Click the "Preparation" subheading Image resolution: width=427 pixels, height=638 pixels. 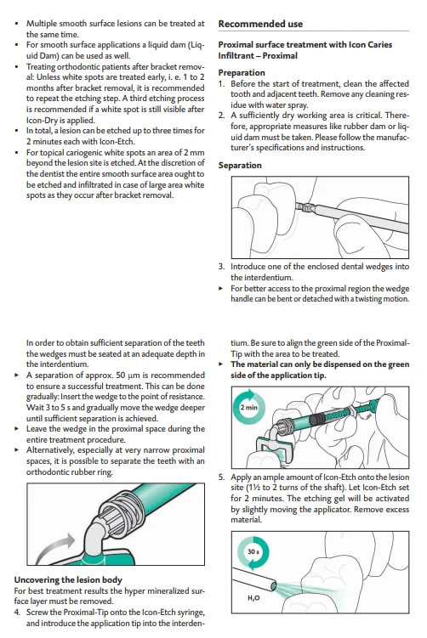(x=242, y=72)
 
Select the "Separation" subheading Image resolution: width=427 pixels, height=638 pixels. (x=240, y=165)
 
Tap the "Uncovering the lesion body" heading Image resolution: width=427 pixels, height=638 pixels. (x=67, y=579)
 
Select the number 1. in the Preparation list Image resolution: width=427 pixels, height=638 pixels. (x=222, y=83)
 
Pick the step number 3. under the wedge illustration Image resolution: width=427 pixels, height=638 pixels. (x=222, y=267)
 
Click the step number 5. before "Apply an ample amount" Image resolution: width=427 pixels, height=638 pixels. (x=222, y=477)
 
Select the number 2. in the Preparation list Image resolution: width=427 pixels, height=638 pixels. (x=222, y=115)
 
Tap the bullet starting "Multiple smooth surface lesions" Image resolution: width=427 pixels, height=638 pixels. (x=111, y=23)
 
